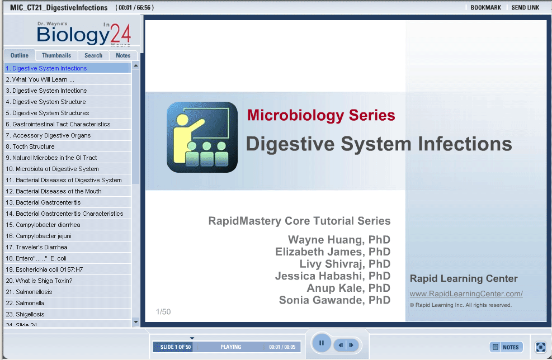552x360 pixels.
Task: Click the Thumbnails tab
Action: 56,55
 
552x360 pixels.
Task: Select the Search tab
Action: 93,55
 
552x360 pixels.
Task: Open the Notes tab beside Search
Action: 123,55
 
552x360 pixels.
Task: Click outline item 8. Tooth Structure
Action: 30,146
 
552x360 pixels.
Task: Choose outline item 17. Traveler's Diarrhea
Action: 36,247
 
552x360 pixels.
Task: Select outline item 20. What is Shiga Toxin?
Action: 39,281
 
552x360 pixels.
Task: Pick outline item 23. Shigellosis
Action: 25,314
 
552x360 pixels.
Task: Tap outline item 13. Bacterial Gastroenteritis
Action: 43,202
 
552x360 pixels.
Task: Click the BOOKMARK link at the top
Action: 485,7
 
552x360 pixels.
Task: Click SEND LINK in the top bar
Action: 525,7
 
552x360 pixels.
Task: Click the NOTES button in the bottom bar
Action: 506,347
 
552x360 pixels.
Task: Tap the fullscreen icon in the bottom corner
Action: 540,347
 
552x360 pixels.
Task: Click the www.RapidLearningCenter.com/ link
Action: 466,294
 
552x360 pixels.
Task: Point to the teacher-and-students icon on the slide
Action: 202,138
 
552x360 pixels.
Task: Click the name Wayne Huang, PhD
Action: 339,240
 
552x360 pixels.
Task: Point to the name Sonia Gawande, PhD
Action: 334,300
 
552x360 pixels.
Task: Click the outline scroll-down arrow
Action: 136,322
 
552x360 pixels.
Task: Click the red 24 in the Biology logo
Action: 120,35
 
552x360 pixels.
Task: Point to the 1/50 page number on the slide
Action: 163,312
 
